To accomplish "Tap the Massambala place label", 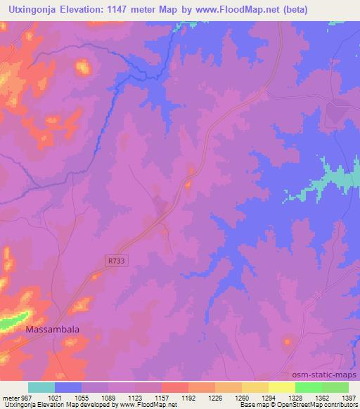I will tap(53, 329).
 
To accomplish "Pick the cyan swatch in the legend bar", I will tap(41, 387).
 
